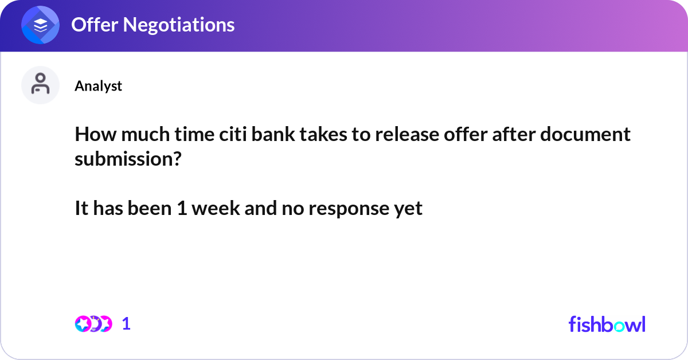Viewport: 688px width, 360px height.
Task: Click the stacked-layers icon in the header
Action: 41,26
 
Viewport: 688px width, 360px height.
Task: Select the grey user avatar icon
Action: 40,85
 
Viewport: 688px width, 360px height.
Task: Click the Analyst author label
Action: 98,85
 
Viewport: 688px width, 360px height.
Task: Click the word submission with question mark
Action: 127,159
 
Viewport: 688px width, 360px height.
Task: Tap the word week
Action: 216,208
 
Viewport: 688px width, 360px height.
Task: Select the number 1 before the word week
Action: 182,208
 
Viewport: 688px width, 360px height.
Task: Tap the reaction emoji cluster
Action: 93,324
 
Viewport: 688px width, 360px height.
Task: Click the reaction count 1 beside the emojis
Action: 126,324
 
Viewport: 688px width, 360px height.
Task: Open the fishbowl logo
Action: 607,324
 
